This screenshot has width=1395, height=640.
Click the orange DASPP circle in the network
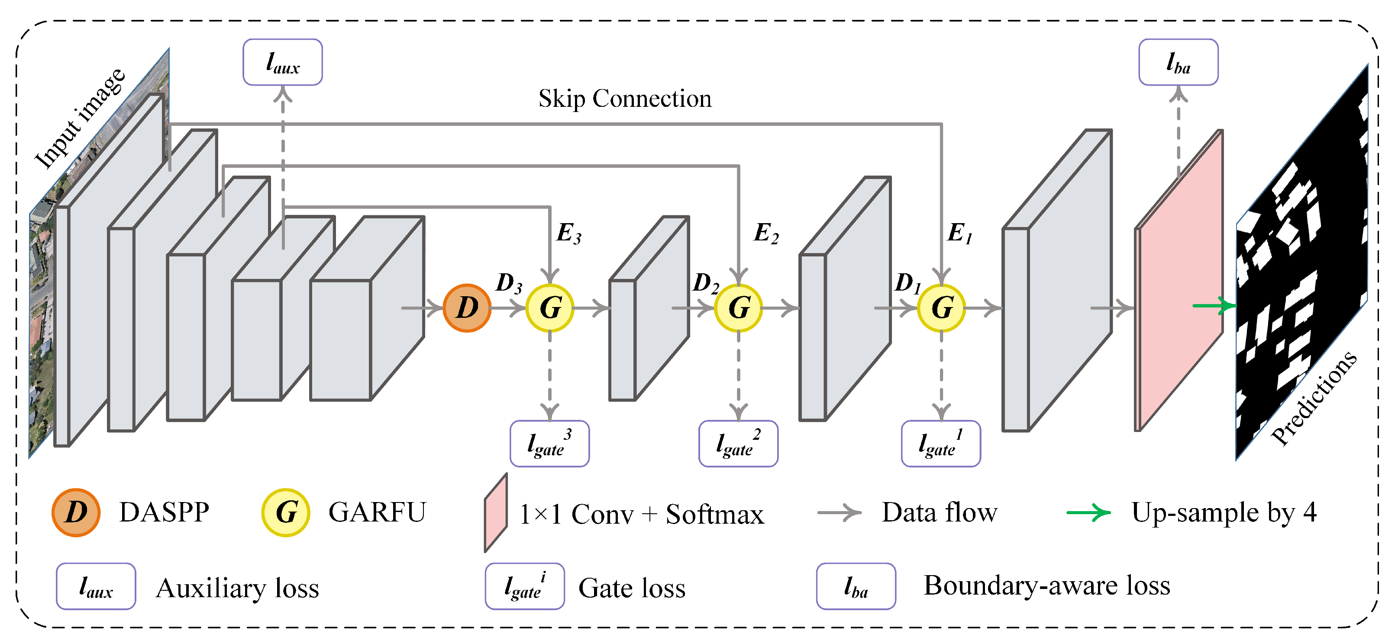[x=467, y=308]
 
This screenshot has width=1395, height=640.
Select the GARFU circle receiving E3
[x=550, y=308]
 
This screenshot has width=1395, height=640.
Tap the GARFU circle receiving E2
[x=738, y=308]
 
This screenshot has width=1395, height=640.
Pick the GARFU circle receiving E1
[x=941, y=308]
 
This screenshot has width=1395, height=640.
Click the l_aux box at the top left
[x=283, y=62]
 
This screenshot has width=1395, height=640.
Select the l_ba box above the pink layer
[x=1179, y=62]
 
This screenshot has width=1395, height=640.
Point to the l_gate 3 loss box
[x=550, y=444]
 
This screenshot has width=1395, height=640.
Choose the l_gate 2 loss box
[x=738, y=444]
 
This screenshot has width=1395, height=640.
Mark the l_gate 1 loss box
[x=941, y=444]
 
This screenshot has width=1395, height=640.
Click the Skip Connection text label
[x=624, y=99]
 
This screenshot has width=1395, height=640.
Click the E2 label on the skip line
[x=766, y=234]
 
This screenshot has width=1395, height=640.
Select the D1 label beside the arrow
[x=907, y=283]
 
